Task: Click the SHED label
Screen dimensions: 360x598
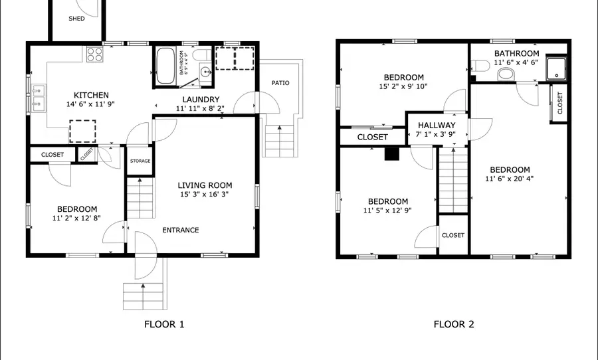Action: pos(76,19)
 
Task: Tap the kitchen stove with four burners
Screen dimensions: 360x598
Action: pos(93,54)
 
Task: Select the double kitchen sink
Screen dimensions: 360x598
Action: pos(39,97)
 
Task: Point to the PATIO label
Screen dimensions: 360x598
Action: pos(280,83)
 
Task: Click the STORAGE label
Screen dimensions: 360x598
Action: pos(140,161)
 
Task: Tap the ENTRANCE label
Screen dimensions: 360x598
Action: pos(181,230)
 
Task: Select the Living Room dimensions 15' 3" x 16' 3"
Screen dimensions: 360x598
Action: pos(205,195)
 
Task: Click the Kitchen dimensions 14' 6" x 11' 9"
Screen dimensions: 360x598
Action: pos(91,104)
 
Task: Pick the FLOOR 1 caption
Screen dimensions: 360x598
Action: pos(163,325)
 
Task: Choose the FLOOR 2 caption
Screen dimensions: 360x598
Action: pos(454,325)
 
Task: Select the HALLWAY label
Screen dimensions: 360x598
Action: pos(437,125)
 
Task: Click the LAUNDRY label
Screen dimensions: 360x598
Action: pos(197,99)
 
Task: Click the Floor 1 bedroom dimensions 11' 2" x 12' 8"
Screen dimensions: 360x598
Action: pos(76,218)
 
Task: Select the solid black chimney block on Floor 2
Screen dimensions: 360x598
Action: pos(393,154)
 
